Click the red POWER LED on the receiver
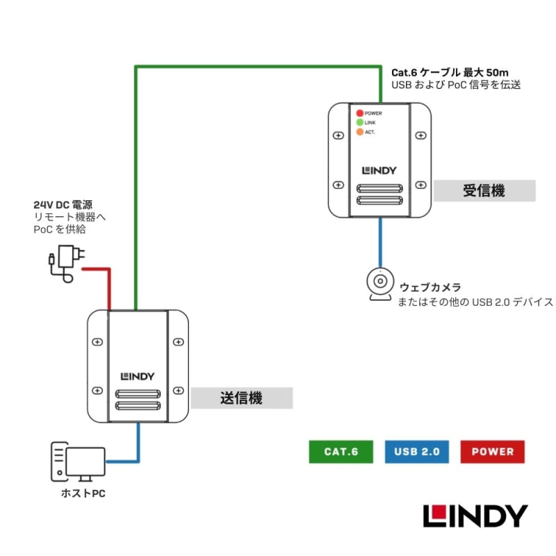[360, 113]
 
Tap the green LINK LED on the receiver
[360, 122]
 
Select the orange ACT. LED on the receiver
[360, 132]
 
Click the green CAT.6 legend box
[341, 452]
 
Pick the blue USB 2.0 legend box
[416, 452]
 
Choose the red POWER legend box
[492, 452]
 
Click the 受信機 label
[484, 190]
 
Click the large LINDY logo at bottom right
[475, 516]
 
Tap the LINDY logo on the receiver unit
[379, 169]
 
